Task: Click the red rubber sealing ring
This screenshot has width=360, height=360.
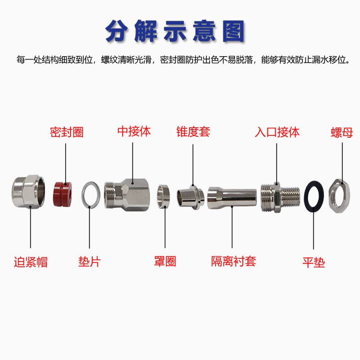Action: click(63, 194)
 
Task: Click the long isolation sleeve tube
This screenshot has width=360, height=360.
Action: click(232, 198)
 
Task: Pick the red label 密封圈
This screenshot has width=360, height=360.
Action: click(67, 132)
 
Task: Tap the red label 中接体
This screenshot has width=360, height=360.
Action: click(134, 132)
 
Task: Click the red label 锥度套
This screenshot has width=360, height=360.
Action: click(193, 132)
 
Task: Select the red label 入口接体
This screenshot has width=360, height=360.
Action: click(277, 132)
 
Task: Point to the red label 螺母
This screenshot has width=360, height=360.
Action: click(342, 132)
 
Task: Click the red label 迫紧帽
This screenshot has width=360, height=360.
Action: click(31, 262)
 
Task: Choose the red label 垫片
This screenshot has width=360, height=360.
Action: click(89, 262)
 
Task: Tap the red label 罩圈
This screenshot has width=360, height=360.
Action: click(165, 261)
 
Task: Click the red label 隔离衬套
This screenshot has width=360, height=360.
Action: click(233, 261)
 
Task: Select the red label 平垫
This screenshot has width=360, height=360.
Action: click(313, 263)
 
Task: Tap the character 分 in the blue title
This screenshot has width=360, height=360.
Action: click(117, 31)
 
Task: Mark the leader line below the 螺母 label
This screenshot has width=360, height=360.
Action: click(342, 163)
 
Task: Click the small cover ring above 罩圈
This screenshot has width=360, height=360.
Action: click(164, 196)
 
